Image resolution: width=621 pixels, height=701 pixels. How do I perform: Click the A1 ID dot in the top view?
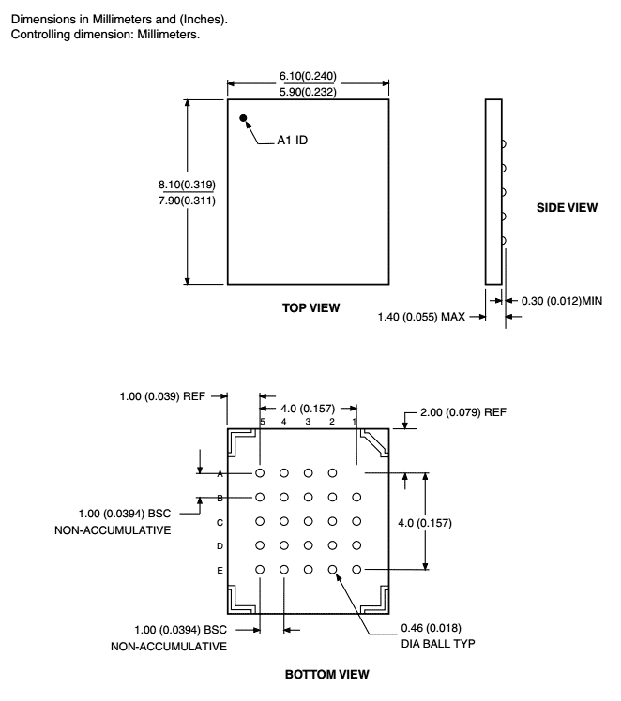tap(244, 119)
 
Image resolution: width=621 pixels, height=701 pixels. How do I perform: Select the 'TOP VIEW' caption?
tap(310, 307)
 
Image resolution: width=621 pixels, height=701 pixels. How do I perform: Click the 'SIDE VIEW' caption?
tap(567, 207)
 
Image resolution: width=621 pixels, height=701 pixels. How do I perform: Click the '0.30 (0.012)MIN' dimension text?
tap(562, 301)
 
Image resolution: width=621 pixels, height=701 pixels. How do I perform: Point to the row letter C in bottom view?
tap(219, 522)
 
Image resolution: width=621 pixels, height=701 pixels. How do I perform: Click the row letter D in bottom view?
tap(219, 545)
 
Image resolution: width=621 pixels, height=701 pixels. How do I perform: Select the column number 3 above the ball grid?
tap(308, 423)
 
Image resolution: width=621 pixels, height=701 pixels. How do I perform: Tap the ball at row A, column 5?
tap(260, 474)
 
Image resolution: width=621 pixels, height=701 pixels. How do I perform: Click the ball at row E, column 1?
tap(356, 569)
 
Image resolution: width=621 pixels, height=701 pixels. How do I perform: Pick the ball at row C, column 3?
tap(308, 522)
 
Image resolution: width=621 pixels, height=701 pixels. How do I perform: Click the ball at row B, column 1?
tap(356, 498)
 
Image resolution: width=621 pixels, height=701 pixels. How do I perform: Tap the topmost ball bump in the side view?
tap(504, 144)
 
